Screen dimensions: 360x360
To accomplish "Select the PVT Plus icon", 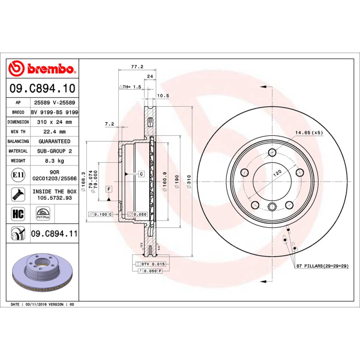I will pyautogui.click(x=43, y=213).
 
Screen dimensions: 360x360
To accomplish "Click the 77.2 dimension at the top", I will pyautogui.click(x=137, y=67).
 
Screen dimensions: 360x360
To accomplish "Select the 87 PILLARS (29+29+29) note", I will pyautogui.click(x=322, y=267).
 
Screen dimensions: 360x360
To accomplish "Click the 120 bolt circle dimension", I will pyautogui.click(x=278, y=173).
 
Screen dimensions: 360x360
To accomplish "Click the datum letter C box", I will pyautogui.click(x=141, y=174).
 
